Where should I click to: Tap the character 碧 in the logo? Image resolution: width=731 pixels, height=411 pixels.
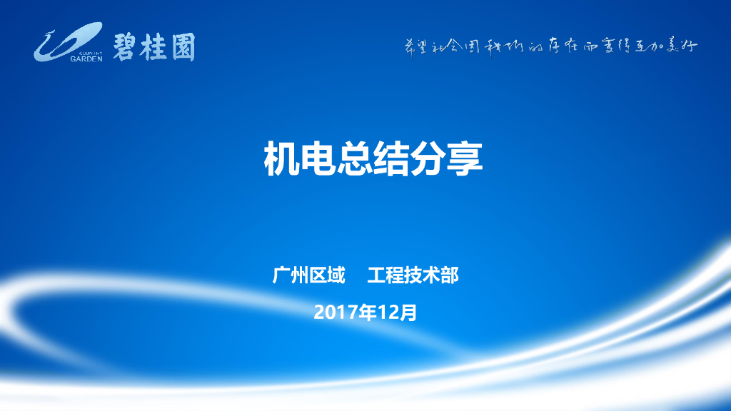click(x=125, y=46)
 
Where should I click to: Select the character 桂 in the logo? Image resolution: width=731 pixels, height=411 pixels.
click(x=154, y=46)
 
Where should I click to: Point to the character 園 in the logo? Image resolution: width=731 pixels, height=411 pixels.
click(x=182, y=46)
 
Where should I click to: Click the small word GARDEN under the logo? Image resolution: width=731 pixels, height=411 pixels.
click(x=86, y=59)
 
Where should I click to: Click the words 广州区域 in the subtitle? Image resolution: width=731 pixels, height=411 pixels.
click(x=309, y=275)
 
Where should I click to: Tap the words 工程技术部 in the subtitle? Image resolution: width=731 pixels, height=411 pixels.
click(x=413, y=275)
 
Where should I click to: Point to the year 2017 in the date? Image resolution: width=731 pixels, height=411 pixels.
click(x=336, y=312)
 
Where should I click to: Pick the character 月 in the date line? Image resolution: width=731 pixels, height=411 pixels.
click(x=408, y=312)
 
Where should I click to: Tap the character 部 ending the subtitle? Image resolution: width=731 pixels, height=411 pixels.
click(x=450, y=275)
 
